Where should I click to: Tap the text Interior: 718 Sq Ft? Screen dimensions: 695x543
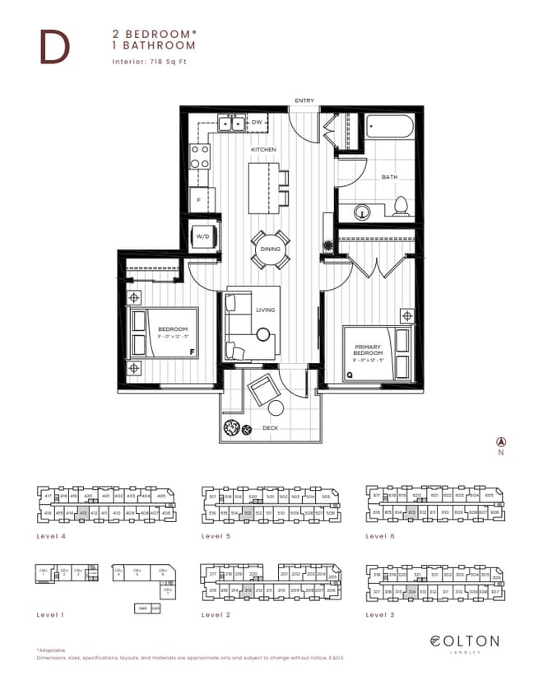[x=151, y=62]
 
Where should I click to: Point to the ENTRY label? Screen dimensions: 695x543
[x=304, y=100]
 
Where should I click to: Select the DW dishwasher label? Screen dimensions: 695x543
[x=257, y=123]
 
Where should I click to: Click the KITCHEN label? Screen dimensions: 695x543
[x=264, y=150]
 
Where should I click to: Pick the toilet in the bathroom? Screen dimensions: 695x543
[x=401, y=206]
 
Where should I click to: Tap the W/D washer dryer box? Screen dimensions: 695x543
[x=202, y=236]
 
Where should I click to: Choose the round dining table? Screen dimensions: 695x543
[x=270, y=249]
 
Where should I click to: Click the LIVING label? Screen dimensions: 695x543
[x=265, y=310]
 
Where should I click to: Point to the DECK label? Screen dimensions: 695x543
[x=268, y=429]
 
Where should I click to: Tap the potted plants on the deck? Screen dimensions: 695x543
[x=235, y=428]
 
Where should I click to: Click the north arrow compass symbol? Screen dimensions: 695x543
[x=500, y=442]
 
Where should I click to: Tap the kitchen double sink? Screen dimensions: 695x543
[x=229, y=124]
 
